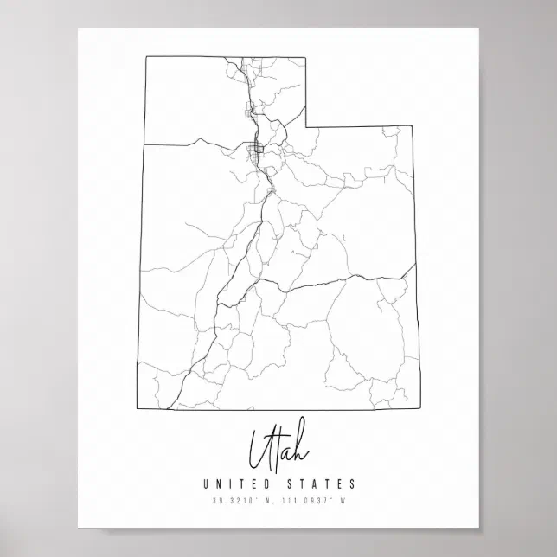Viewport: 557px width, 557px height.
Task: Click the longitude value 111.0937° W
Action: [x=312, y=499]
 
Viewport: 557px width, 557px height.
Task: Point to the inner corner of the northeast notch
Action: [x=305, y=125]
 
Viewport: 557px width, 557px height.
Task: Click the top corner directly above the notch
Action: [x=305, y=58]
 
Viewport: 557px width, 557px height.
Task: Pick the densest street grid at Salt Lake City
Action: [x=257, y=151]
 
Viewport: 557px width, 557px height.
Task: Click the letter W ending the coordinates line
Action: [x=343, y=499]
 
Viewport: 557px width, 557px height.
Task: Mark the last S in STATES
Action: [x=352, y=483]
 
